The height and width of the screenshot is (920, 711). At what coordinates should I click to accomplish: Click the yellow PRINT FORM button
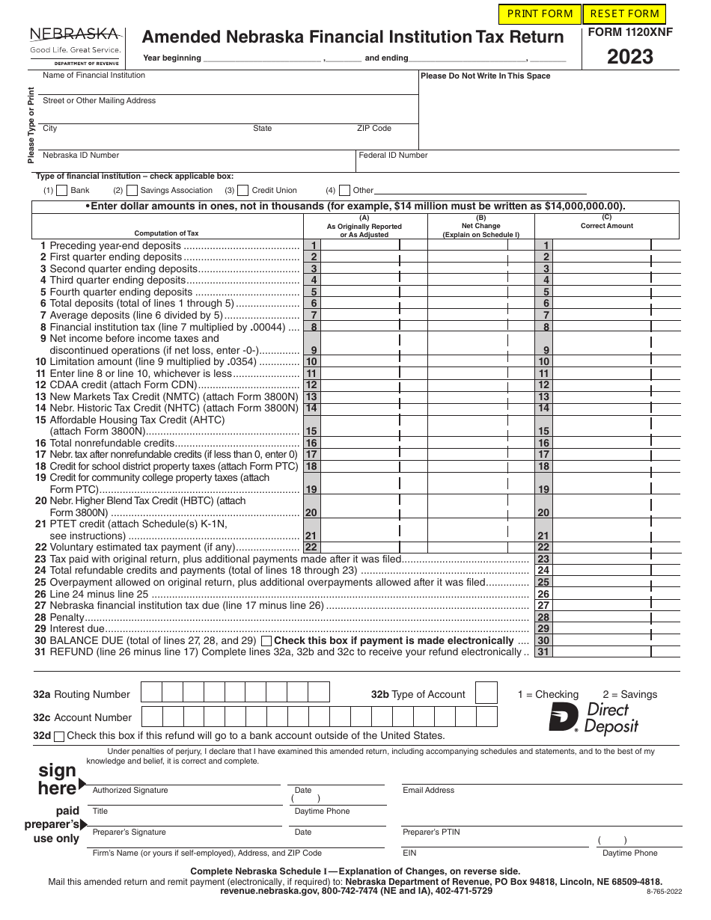[540, 13]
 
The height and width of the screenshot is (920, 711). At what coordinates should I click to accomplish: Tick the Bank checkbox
[62, 191]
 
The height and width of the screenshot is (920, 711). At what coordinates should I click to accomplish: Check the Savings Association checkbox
[132, 191]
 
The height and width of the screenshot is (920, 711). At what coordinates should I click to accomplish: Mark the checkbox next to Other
[344, 191]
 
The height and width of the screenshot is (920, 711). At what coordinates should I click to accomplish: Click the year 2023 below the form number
[629, 57]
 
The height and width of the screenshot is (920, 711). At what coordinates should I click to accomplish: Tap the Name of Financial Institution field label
[94, 76]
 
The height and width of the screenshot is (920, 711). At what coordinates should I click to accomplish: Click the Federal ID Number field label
[393, 156]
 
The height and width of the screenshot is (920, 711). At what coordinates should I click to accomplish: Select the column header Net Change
[480, 226]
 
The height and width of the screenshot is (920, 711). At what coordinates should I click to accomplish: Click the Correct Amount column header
[606, 226]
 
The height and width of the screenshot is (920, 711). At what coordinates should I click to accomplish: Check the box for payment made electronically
[266, 641]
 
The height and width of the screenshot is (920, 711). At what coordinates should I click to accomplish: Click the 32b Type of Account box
[486, 693]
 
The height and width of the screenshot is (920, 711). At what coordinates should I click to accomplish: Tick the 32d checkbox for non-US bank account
[60, 736]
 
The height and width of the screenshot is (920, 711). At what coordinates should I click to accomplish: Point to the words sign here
[57, 779]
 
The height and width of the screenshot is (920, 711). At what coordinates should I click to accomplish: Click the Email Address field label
[428, 790]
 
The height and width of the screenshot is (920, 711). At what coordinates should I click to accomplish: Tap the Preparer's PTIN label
[431, 832]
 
